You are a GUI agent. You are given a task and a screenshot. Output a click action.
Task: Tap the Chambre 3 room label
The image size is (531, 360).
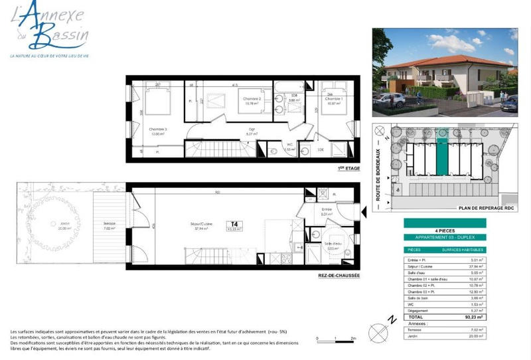pyautogui.click(x=157, y=130)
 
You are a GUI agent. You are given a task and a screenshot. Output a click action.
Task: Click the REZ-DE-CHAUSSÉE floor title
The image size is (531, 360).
pyautogui.click(x=339, y=276)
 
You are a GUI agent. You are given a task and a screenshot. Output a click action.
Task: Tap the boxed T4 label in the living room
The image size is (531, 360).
pyautogui.click(x=233, y=226)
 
